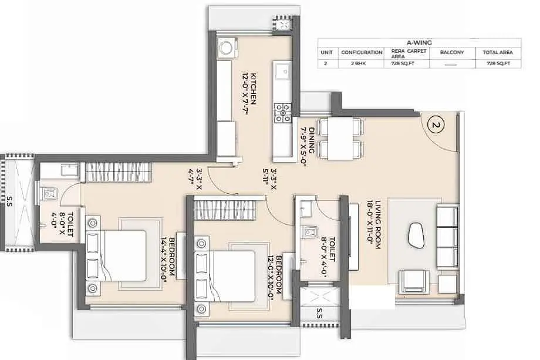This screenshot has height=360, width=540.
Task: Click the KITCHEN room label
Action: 254,89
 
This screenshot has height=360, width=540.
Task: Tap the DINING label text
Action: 311,140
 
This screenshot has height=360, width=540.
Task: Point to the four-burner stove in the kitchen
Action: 283,113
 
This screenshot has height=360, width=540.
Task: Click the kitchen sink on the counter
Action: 283,72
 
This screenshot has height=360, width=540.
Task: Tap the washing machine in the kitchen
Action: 227,48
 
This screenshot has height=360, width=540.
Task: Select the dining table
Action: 341,139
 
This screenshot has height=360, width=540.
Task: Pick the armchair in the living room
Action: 414,282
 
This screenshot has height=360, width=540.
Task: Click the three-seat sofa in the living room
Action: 448,237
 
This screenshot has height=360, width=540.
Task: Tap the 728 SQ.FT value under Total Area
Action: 498,63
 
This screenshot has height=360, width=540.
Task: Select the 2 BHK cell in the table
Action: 361,63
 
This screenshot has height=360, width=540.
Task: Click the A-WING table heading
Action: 419,43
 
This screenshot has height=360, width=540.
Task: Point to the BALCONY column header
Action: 452,52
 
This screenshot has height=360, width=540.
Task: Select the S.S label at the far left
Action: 9,202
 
